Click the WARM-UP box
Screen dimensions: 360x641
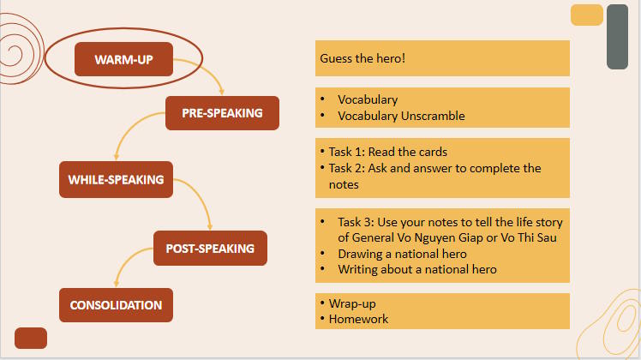coord(123,60)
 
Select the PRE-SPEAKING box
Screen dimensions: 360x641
coord(222,113)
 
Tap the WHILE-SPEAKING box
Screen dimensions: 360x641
coord(116,180)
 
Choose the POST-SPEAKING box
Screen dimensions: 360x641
coord(210,249)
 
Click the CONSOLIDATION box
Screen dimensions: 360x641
coord(116,305)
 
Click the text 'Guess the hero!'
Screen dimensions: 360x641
coord(362,59)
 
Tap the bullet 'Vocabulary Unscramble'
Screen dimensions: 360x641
coord(400,116)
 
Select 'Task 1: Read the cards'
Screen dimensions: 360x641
coord(388,152)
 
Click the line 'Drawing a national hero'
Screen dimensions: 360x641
coord(402,254)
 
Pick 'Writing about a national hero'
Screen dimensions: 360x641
coord(416,269)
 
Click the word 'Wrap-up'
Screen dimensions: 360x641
coord(352,303)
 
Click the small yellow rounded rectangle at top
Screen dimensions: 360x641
coord(587,15)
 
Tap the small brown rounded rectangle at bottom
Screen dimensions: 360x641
coord(31,338)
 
